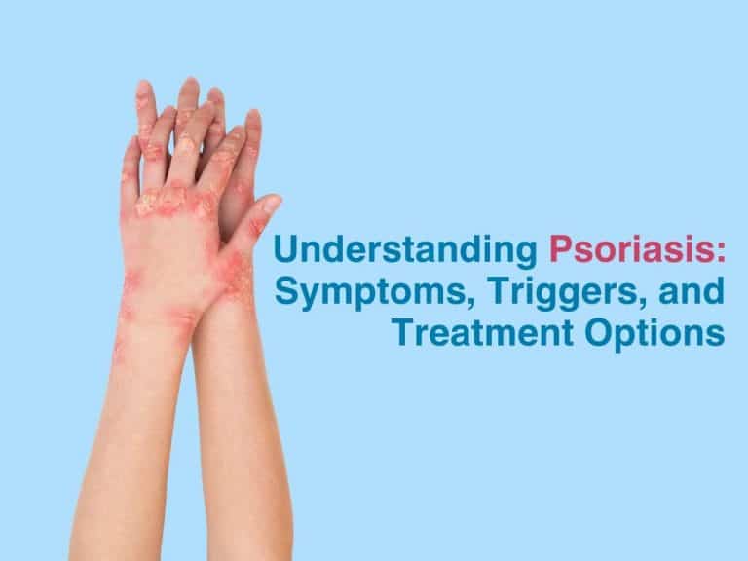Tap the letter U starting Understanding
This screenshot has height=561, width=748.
click(x=284, y=249)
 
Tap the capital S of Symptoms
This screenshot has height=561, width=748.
click(x=285, y=290)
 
